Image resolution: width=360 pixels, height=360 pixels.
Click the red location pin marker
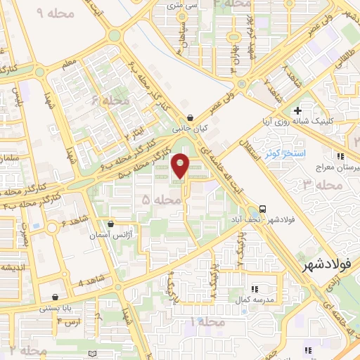181,166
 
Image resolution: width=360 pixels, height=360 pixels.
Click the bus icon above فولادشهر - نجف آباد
262,208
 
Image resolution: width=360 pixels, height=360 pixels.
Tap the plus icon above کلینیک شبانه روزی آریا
298,111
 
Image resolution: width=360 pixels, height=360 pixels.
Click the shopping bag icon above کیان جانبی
191,119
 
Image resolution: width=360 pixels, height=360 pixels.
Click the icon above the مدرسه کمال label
255,288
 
